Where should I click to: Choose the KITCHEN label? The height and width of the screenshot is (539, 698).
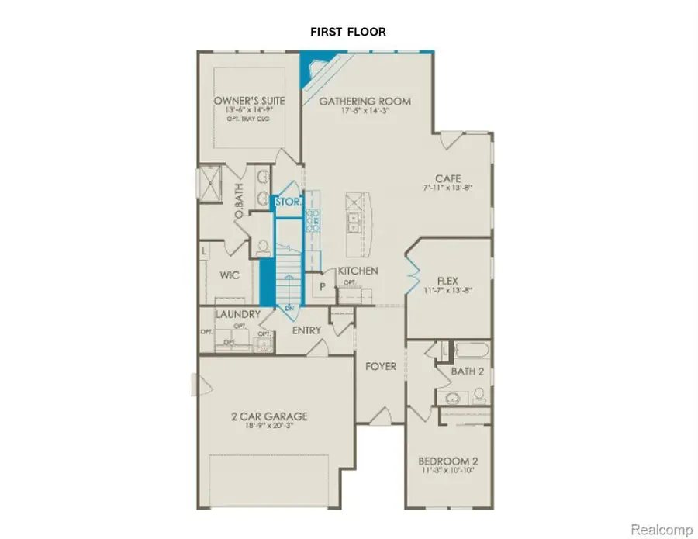pyautogui.click(x=358, y=271)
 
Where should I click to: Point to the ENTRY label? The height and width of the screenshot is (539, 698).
pyautogui.click(x=306, y=330)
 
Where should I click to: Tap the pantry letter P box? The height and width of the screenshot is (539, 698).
pyautogui.click(x=322, y=285)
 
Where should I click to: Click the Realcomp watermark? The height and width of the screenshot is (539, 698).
pyautogui.click(x=661, y=529)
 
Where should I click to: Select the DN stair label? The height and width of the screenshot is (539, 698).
pyautogui.click(x=289, y=308)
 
